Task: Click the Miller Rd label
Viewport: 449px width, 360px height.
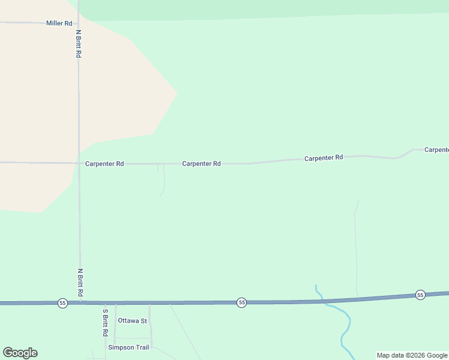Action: point(59,23)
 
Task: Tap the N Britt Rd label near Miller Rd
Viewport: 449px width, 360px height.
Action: point(79,43)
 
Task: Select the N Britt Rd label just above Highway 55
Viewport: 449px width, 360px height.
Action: point(79,282)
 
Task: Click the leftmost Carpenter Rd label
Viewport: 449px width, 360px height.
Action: point(104,163)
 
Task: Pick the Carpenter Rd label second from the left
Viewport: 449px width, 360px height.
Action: point(202,163)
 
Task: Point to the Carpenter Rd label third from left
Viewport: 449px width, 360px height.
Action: point(324,158)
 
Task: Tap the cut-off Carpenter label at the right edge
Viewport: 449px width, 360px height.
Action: point(436,149)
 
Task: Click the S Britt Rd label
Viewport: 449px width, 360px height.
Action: point(105,322)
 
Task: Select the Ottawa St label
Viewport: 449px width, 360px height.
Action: point(132,320)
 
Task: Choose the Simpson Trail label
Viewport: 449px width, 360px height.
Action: point(128,347)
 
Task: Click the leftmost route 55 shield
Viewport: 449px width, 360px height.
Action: point(62,303)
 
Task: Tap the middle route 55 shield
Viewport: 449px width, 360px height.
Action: point(241,302)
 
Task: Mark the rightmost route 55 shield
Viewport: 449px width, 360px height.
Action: point(420,295)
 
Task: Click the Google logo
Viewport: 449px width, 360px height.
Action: point(20,353)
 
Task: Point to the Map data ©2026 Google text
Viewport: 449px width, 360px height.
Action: point(412,355)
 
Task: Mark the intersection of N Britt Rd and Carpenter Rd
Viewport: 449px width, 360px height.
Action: point(79,163)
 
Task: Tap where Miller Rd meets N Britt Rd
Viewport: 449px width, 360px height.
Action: point(78,23)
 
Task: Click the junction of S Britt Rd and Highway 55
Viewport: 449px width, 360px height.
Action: point(104,303)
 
